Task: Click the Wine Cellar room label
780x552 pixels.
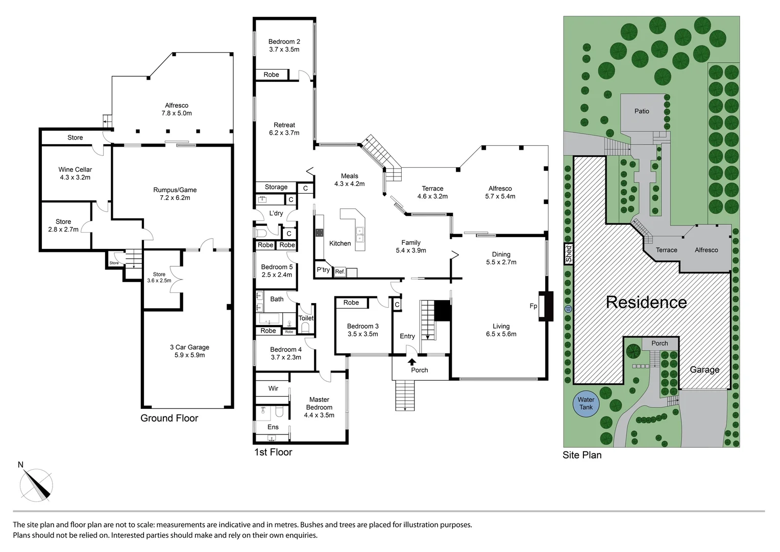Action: pos(75,170)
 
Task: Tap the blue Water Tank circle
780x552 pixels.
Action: pos(586,403)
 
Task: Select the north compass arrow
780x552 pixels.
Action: pos(36,482)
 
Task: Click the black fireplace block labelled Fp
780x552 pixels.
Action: pos(546,306)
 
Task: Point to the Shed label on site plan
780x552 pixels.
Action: pos(569,254)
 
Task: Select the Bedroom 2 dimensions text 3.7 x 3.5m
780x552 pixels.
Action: pos(284,50)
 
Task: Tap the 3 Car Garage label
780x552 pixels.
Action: pos(189,347)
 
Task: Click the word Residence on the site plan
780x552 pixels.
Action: pos(646,302)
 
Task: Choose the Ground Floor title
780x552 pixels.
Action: pos(169,418)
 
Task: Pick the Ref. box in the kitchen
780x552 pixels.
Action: pos(340,272)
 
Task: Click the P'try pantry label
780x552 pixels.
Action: pos(323,270)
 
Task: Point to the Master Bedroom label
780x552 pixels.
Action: pos(319,403)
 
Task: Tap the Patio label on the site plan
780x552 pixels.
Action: pos(642,111)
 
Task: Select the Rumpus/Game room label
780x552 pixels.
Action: pos(175,190)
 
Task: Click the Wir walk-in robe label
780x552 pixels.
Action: pos(273,388)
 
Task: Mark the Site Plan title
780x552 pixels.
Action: pos(582,455)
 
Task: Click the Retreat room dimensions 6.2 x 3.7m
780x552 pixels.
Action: pos(284,133)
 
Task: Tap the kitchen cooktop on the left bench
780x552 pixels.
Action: pos(320,233)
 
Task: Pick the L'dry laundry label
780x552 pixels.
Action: pos(276,213)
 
